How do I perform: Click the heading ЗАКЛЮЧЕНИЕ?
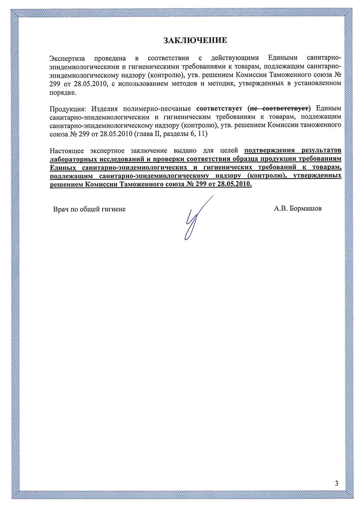[x=195, y=40]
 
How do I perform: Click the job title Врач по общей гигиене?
[x=89, y=210]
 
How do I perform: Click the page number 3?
[x=337, y=483]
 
